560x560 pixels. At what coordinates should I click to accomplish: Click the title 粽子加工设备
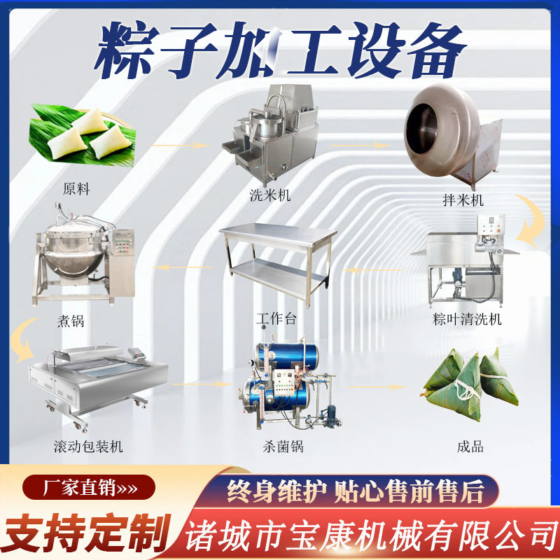280,50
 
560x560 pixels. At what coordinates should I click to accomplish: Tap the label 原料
76,189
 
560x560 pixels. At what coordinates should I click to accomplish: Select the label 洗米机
269,195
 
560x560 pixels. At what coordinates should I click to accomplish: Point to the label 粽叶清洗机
467,320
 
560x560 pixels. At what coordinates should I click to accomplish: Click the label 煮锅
71,321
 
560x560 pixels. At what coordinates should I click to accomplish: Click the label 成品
470,446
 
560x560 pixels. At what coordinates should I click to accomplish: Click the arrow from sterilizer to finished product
377,386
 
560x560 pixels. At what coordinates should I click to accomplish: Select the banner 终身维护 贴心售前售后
355,491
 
